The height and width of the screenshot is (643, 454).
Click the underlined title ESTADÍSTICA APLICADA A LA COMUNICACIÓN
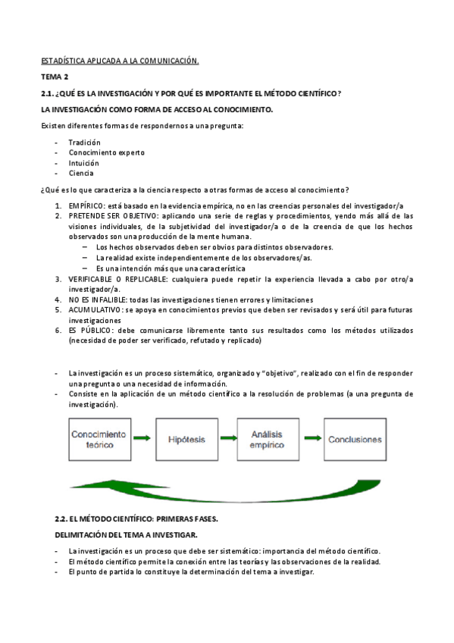pos(119,60)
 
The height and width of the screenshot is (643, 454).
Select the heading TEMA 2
pos(55,77)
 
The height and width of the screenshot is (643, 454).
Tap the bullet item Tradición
pos(84,143)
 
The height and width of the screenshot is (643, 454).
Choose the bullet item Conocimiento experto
pos(106,152)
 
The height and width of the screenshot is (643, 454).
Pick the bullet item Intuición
pos(83,163)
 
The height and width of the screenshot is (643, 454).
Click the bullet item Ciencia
pos(81,173)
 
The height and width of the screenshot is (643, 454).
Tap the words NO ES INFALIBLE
pos(96,300)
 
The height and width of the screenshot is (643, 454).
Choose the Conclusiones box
pos(355,439)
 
